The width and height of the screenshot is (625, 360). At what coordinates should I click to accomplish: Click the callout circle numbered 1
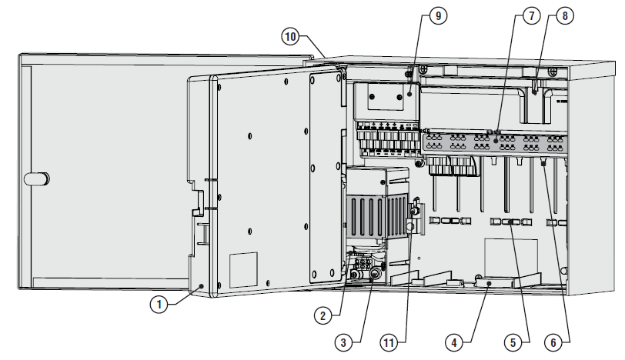pyautogui.click(x=159, y=305)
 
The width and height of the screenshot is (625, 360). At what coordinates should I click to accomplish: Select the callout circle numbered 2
pyautogui.click(x=323, y=316)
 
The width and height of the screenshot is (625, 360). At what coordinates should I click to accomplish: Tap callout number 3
pyautogui.click(x=343, y=342)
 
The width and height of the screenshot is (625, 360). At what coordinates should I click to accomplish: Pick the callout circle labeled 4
pyautogui.click(x=454, y=342)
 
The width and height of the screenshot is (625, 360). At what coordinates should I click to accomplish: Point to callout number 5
pyautogui.click(x=513, y=342)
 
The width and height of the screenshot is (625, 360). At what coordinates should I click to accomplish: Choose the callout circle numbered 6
pyautogui.click(x=553, y=342)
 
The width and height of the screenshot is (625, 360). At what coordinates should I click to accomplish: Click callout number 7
pyautogui.click(x=531, y=16)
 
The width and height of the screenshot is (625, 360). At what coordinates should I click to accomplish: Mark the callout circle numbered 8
pyautogui.click(x=565, y=16)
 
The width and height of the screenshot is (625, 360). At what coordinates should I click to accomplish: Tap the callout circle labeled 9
pyautogui.click(x=439, y=16)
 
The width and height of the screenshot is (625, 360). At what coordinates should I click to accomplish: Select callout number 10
pyautogui.click(x=290, y=37)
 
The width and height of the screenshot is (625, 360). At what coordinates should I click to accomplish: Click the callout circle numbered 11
pyautogui.click(x=389, y=342)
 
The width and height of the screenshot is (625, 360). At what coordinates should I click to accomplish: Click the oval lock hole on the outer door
pyautogui.click(x=37, y=178)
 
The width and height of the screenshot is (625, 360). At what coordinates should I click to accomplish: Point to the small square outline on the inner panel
pyautogui.click(x=243, y=269)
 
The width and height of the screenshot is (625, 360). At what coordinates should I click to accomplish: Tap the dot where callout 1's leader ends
pyautogui.click(x=202, y=286)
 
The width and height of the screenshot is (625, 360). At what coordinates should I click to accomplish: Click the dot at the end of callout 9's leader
pyautogui.click(x=409, y=94)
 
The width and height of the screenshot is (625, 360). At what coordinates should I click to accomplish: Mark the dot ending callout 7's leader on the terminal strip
pyautogui.click(x=496, y=141)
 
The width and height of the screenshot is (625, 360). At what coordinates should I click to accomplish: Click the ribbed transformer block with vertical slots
pyautogui.click(x=376, y=216)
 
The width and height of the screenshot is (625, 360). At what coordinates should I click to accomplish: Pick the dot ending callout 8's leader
pyautogui.click(x=534, y=92)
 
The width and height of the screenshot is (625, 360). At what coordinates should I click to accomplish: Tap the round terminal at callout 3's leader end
pyautogui.click(x=374, y=274)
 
